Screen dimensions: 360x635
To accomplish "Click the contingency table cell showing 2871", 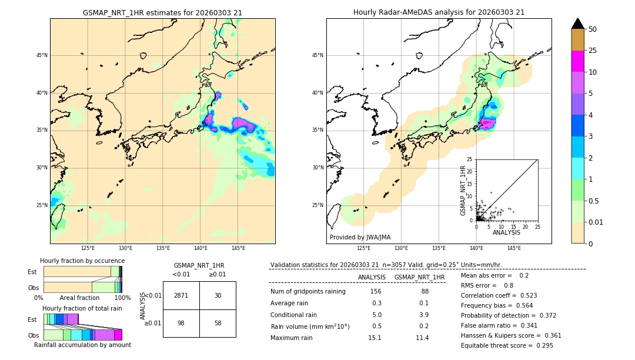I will pos(181,295).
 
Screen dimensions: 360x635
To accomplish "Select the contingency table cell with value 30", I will pos(218,295).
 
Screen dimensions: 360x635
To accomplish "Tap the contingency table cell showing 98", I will pos(181,323).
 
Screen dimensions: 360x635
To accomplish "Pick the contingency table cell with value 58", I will pos(218,323).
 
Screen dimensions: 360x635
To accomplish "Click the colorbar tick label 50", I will pos(593,29).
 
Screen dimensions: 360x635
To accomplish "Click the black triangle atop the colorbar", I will pos(577,24).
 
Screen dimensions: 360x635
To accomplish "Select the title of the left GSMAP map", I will pos(162,12).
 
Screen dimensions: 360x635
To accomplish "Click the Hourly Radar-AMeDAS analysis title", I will pos(439,12).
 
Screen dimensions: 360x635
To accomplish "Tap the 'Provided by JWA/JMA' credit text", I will pos(360,238).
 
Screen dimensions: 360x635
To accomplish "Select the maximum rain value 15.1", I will pos(375,338).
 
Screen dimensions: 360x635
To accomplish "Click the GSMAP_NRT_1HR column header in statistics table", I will pos(419,277).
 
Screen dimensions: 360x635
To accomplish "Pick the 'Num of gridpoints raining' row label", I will pos(308,292).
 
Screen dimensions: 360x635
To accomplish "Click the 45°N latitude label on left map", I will pos(42,55).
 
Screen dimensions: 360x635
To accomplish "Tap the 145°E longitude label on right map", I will pos(514,248).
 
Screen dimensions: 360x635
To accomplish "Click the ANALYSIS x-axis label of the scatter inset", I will pos(506,232).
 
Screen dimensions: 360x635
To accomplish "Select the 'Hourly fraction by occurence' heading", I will pos(82,261).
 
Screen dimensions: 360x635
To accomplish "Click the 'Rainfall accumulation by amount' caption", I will pos(82,345).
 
